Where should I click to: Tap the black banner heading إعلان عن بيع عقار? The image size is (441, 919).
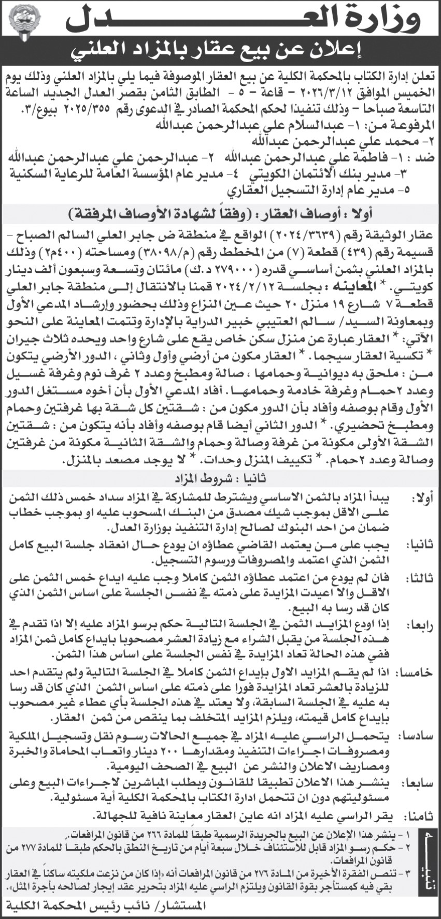(220, 50)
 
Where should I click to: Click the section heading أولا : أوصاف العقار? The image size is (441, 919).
(220, 213)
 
